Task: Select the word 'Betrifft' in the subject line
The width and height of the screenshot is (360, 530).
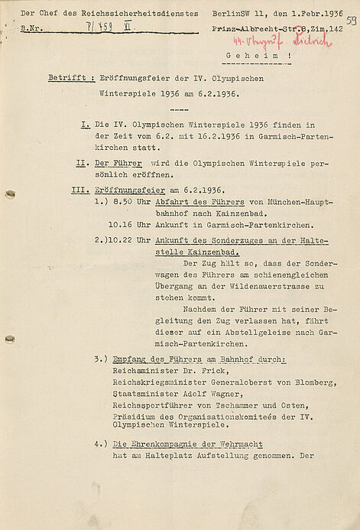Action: click(x=63, y=78)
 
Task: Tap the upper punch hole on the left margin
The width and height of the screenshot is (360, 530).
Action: click(x=9, y=194)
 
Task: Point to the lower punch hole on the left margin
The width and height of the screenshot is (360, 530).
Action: click(x=9, y=339)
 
